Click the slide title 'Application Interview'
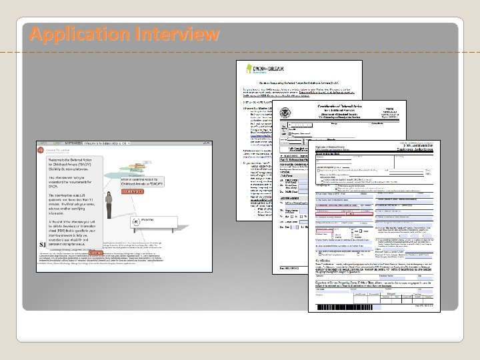(124, 33)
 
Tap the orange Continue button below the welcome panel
(95, 254)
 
